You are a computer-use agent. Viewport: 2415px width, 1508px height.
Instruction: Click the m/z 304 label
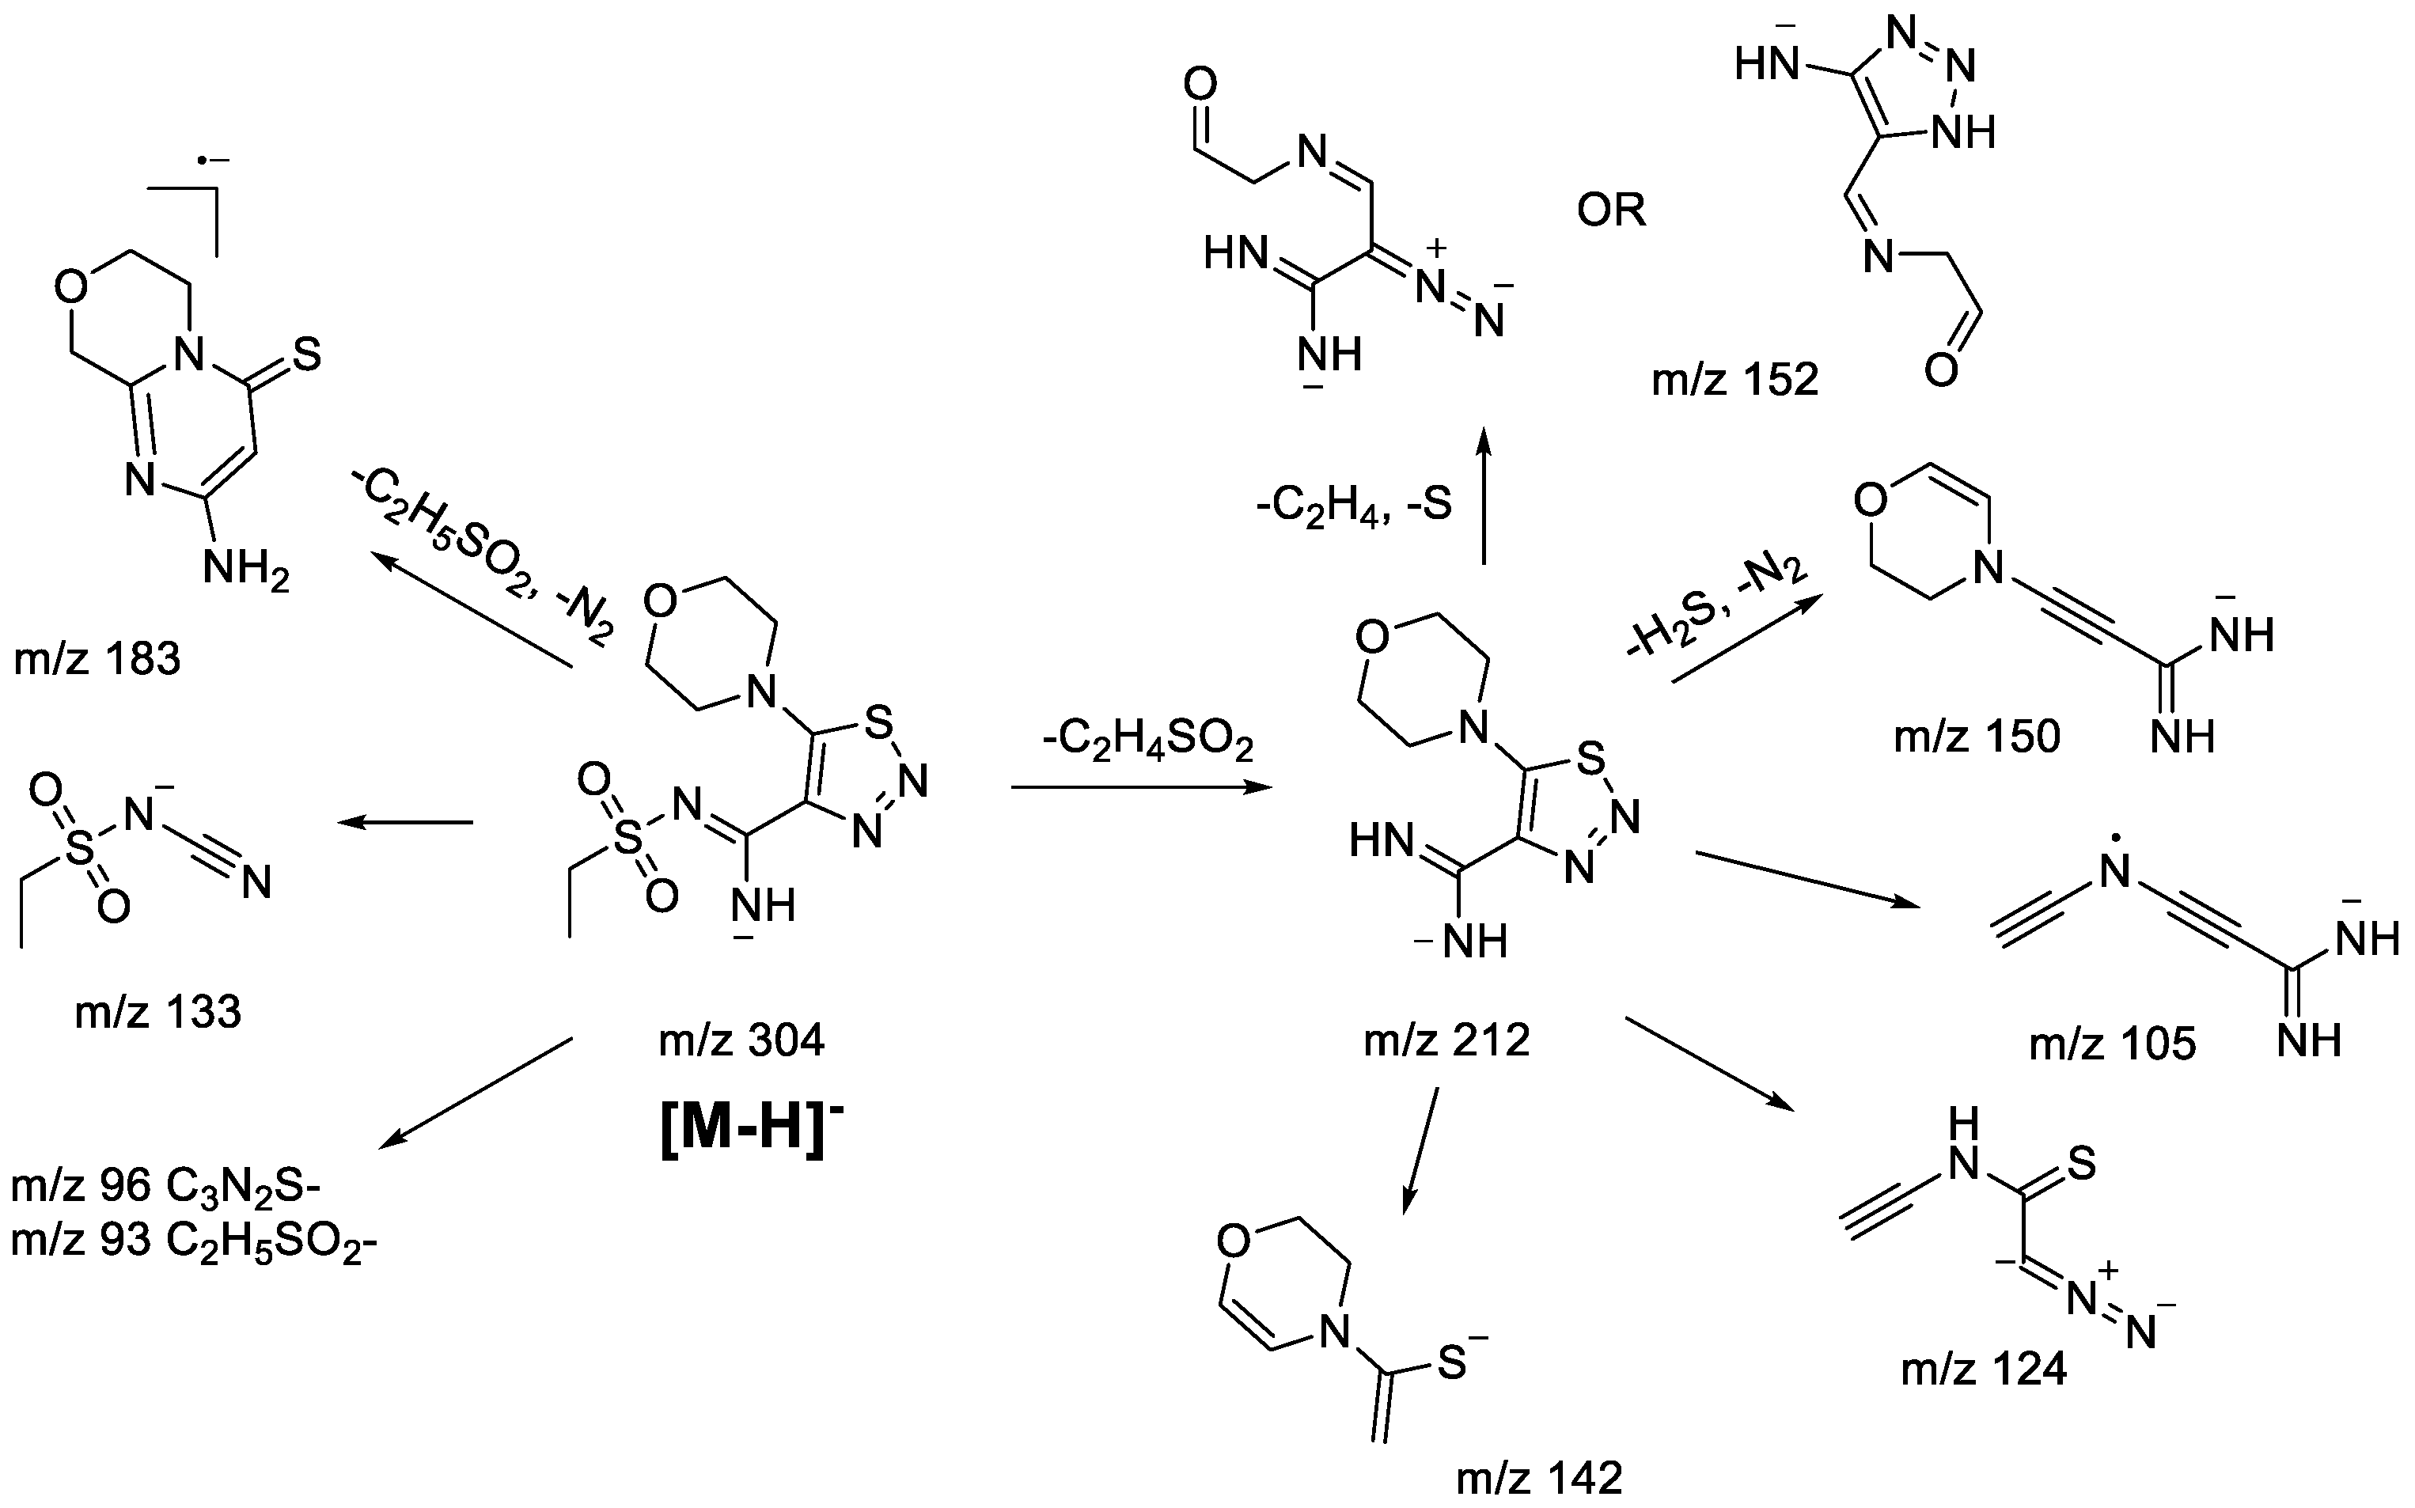(x=741, y=1041)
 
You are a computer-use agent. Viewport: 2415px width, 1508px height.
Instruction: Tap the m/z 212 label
(x=1446, y=1041)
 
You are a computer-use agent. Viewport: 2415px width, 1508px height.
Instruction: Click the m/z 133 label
(x=157, y=1012)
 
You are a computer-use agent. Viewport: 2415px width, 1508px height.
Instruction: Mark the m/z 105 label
(x=2112, y=1044)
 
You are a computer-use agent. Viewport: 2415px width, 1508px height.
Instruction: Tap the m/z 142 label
(x=1539, y=1477)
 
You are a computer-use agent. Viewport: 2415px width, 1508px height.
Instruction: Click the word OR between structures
(x=1611, y=210)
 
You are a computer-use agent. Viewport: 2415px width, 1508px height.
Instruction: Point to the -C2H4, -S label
(x=1354, y=505)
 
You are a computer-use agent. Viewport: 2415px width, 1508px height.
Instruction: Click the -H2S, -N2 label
(x=1716, y=609)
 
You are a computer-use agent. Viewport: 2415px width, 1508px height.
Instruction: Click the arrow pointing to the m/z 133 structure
(x=405, y=823)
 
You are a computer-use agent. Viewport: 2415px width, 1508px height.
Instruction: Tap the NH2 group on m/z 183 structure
(x=245, y=570)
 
